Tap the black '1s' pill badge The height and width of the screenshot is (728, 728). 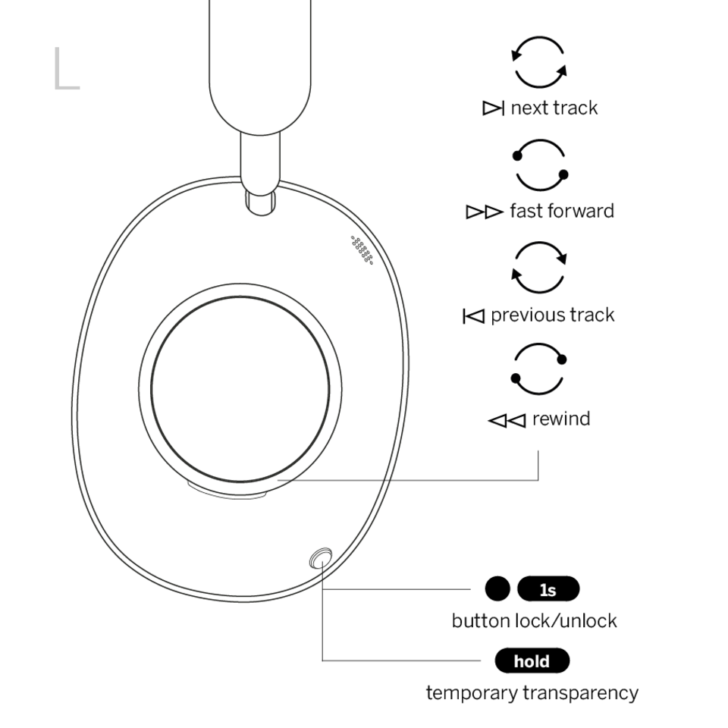[548, 589]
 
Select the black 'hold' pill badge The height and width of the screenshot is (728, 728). [532, 661]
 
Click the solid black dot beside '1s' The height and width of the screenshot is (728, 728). [497, 588]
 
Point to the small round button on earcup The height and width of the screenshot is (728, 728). [321, 559]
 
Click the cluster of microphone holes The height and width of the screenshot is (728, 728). [362, 249]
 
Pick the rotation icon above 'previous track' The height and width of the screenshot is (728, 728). [516, 282]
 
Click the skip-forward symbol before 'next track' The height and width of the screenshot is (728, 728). [493, 108]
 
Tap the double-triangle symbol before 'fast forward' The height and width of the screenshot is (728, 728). [485, 212]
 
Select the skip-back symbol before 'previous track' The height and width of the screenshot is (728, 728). [473, 316]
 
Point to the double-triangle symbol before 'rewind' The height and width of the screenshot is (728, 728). [507, 421]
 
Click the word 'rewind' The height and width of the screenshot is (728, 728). [561, 419]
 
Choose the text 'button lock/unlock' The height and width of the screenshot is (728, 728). [535, 621]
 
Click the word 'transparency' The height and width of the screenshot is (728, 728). [581, 693]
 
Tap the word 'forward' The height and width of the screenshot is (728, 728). [581, 211]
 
